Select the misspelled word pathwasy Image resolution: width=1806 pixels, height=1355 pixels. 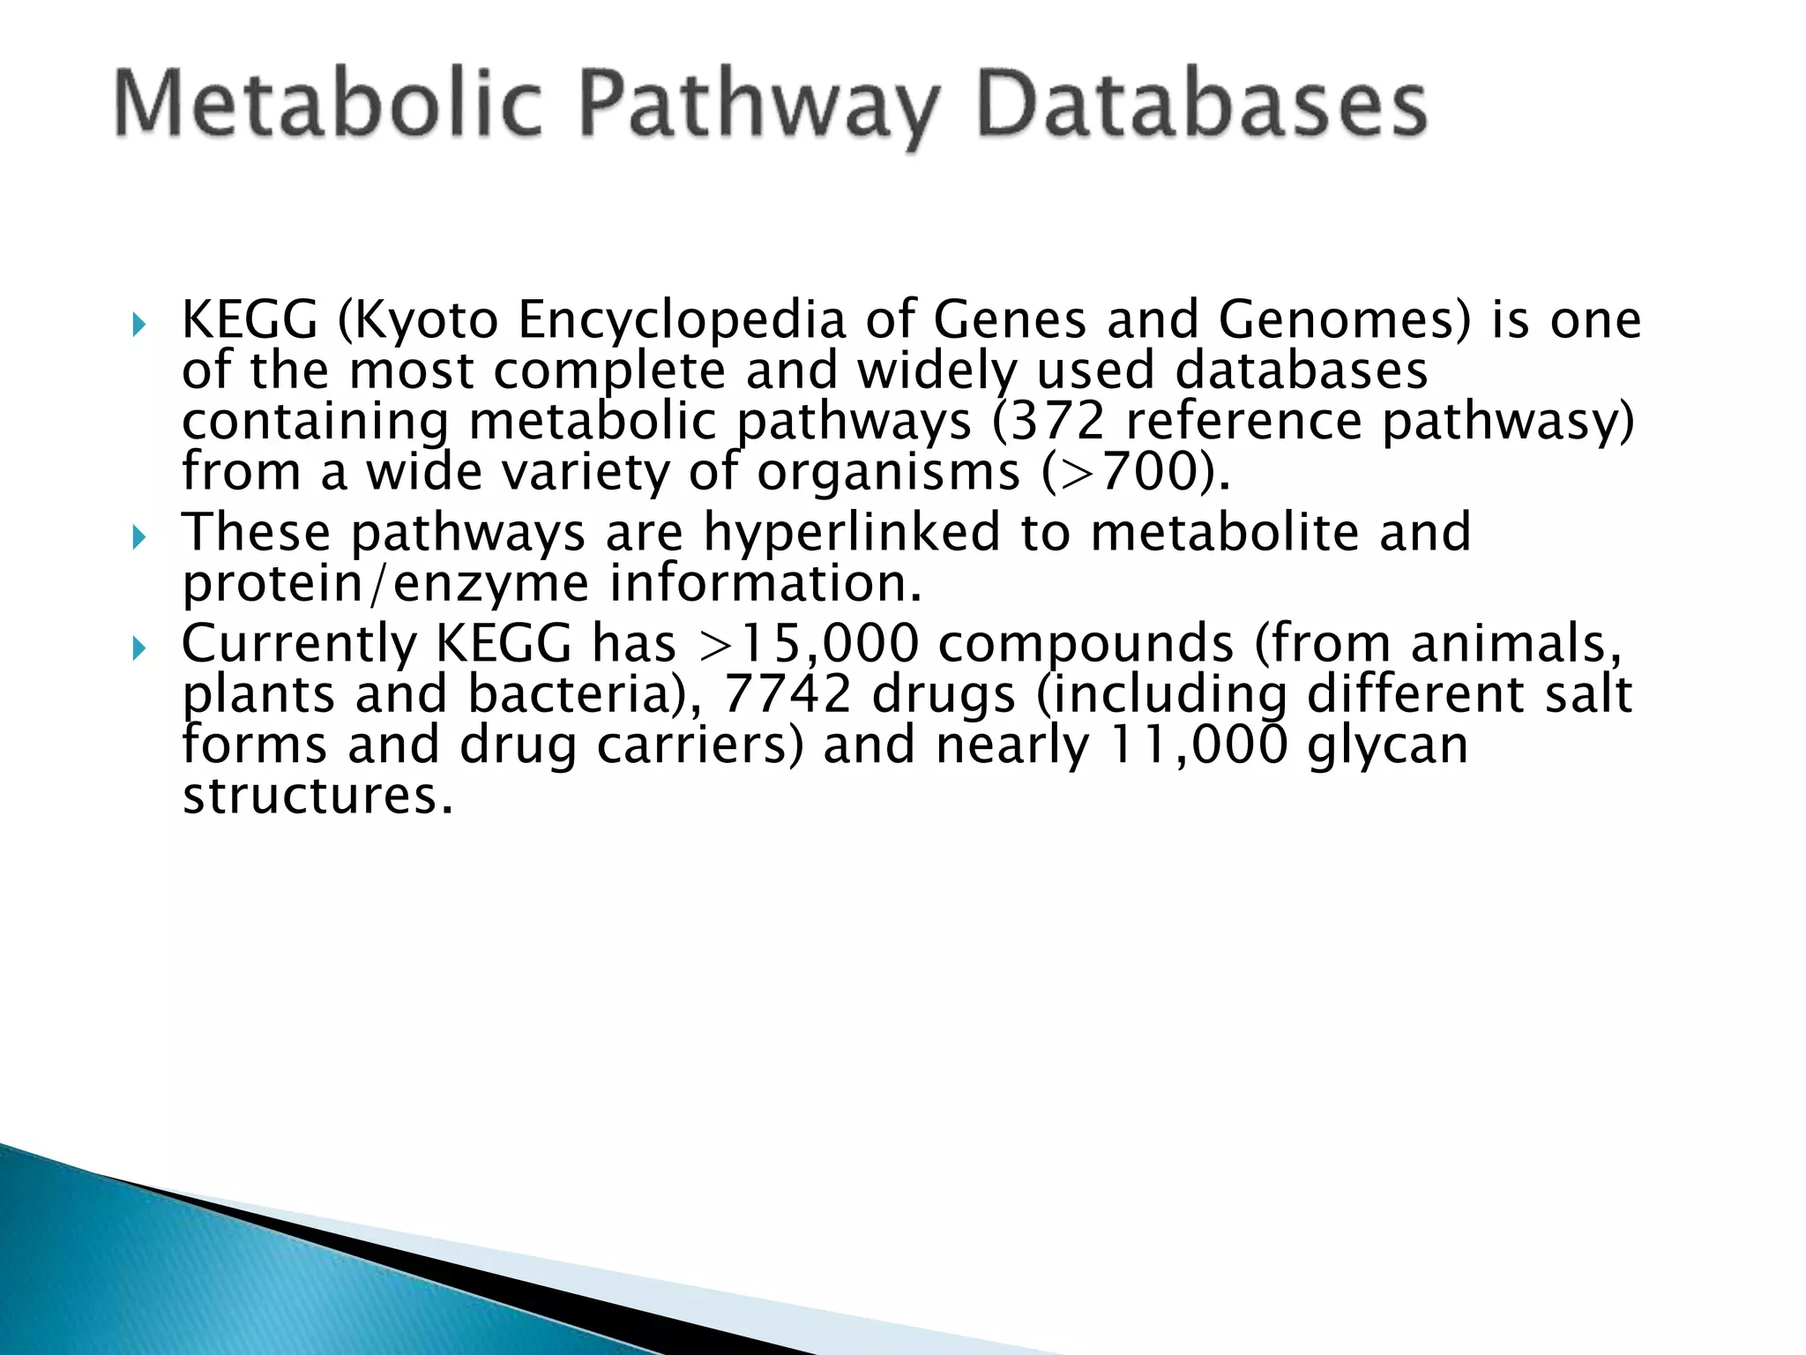point(1507,421)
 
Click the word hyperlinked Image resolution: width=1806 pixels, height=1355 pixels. point(852,532)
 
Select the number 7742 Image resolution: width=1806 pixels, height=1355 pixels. point(787,694)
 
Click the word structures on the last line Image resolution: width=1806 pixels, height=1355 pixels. point(316,796)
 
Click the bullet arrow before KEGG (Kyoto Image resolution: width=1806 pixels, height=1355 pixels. point(138,326)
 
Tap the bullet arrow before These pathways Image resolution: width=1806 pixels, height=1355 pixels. point(138,537)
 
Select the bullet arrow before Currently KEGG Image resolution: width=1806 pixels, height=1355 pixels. point(138,649)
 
